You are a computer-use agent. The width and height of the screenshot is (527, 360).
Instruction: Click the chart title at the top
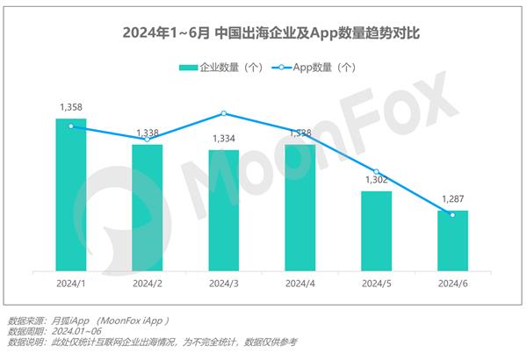[263, 34]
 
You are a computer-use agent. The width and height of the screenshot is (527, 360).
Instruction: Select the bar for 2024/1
[71, 195]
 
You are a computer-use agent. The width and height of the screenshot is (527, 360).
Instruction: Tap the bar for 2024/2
[148, 208]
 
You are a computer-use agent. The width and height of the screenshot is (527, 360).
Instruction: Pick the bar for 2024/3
[223, 211]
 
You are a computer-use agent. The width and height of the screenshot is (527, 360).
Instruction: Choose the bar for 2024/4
[300, 208]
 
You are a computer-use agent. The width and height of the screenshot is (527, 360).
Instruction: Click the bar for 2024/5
[376, 231]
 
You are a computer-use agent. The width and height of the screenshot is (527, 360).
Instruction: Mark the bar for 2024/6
[452, 241]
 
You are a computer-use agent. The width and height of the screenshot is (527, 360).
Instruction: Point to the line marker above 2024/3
[223, 113]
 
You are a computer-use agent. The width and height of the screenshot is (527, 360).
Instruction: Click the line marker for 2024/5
[376, 171]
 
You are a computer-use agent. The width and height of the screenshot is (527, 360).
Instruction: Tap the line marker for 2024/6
[452, 214]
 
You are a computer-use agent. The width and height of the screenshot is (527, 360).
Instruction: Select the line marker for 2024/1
[71, 126]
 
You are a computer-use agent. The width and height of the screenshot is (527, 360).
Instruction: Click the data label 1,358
[71, 107]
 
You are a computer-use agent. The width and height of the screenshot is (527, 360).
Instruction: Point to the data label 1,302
[376, 180]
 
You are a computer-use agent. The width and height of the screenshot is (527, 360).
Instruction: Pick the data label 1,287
[452, 199]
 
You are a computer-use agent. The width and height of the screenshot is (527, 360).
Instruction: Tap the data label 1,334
[223, 139]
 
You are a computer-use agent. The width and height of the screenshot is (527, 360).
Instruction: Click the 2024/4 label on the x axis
[300, 284]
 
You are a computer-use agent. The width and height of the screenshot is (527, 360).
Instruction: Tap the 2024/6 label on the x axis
[452, 284]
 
